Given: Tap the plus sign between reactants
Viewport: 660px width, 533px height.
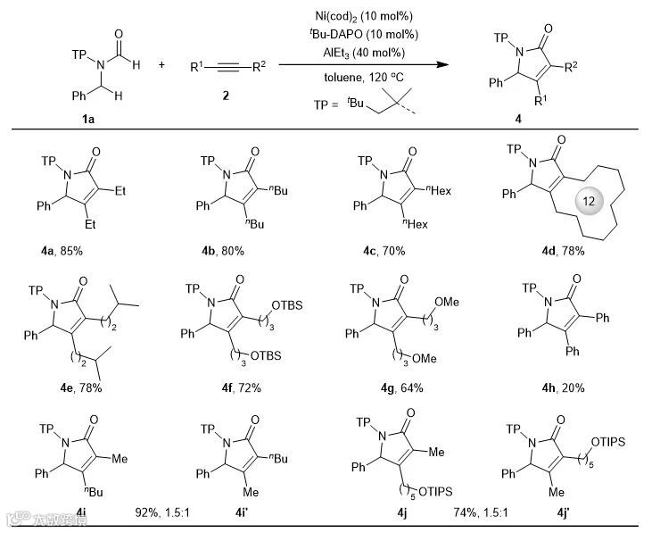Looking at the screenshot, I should click(x=161, y=64).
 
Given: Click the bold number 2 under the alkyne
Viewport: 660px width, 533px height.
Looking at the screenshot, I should click(x=226, y=95).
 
